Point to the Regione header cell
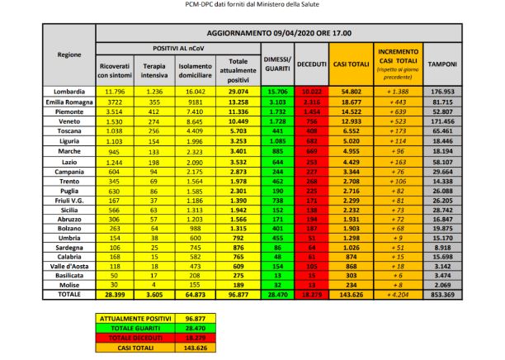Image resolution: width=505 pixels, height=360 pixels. (69, 54)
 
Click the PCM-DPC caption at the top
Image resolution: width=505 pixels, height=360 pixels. (252, 6)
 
